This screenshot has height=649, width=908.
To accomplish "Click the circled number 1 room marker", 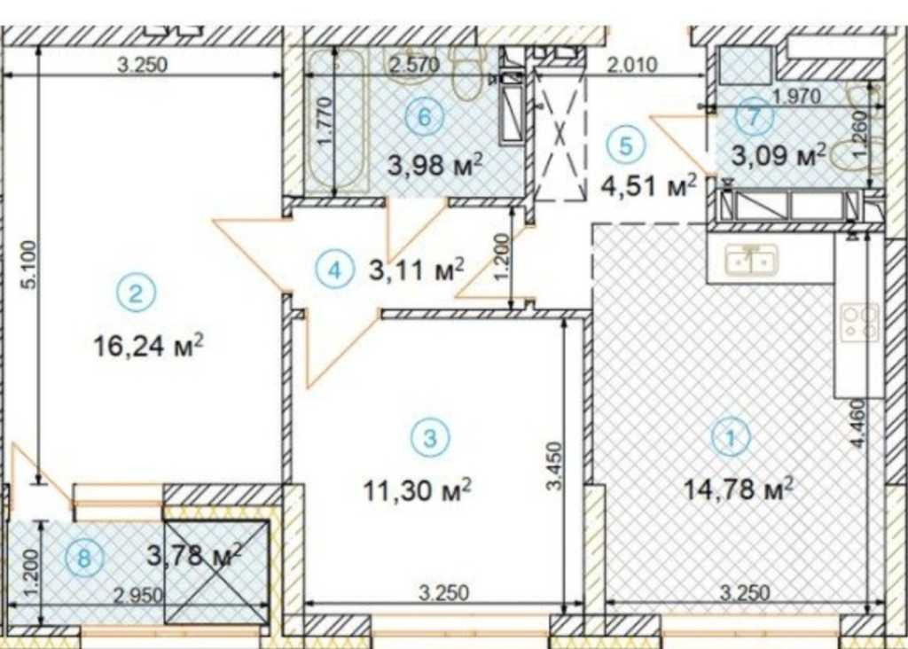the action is pos(731,437).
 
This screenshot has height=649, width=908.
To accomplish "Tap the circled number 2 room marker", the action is pos(136,293).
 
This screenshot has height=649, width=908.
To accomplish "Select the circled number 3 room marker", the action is pos(430,438).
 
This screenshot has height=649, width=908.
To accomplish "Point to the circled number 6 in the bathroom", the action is pos(425,117).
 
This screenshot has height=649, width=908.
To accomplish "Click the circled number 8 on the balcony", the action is pos(84,559).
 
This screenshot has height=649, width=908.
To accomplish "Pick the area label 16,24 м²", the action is pos(148,346).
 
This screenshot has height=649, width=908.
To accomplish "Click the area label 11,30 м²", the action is pos(417,491).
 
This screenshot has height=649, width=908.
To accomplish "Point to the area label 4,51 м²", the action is pos(648,186).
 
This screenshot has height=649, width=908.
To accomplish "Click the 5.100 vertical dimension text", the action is pos(30,264).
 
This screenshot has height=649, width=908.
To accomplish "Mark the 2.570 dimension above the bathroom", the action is pos(415,64).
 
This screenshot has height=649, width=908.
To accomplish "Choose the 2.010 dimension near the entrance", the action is pos(632,64).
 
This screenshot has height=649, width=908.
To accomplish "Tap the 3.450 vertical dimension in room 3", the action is pos(555,466).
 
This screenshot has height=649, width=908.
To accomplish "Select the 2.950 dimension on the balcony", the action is pos(137,595).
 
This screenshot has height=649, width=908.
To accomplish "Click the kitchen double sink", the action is pos(752,261).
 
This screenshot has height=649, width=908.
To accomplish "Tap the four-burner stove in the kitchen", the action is pos(860,322).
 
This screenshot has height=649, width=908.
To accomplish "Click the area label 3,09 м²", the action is pos(779,156).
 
